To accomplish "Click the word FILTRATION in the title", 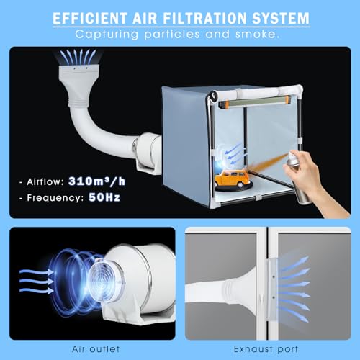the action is [x=204, y=18].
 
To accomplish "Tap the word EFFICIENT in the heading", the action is [x=90, y=18].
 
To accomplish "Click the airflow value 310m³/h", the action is [x=96, y=181].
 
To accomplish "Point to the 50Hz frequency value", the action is [x=104, y=197].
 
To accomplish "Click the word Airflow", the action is [x=45, y=182].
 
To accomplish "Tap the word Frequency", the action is [x=55, y=198].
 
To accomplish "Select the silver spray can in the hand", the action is [x=298, y=178].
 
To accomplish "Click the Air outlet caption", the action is [x=96, y=349].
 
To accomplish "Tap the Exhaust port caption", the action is [x=266, y=349].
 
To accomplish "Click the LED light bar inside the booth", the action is [x=253, y=102].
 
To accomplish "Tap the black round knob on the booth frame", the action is [x=213, y=96].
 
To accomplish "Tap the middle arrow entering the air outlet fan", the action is [x=37, y=281].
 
